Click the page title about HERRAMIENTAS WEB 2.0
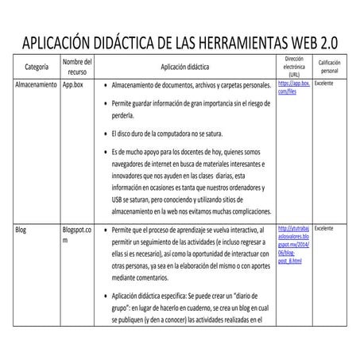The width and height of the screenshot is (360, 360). point(180,41)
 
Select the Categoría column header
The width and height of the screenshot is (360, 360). point(37,68)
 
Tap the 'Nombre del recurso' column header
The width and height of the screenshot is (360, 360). point(77,67)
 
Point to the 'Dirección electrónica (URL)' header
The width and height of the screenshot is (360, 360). point(294,67)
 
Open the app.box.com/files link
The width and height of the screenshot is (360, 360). point(293,87)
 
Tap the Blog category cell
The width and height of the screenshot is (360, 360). point(21,228)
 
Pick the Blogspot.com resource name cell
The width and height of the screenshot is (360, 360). point(76,234)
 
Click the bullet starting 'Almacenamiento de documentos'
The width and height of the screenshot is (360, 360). point(191,84)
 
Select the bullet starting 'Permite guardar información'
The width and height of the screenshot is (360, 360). point(191,110)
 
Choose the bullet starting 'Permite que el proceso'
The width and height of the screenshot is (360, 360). point(191,254)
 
